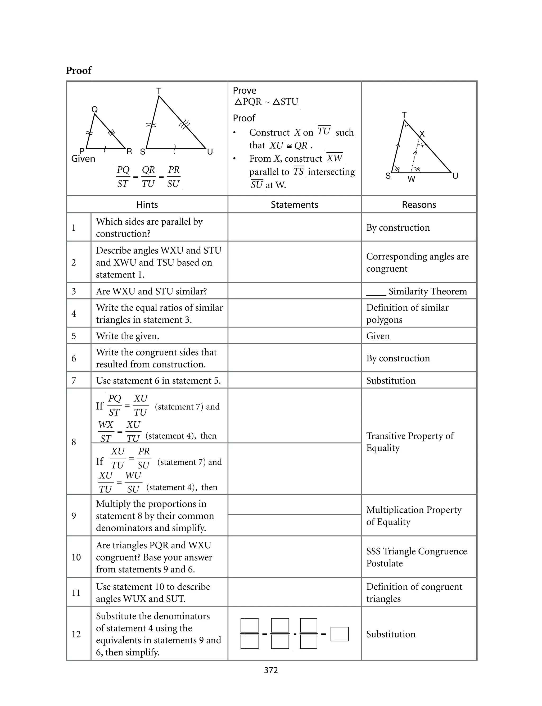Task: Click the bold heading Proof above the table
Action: (x=78, y=70)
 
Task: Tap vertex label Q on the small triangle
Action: (x=94, y=109)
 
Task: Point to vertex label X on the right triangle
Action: (x=422, y=134)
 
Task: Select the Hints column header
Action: (x=147, y=205)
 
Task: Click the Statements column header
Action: (x=294, y=205)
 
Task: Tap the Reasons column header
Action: (x=419, y=205)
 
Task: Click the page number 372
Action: (x=271, y=670)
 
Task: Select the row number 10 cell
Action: (x=76, y=557)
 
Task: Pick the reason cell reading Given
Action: (x=378, y=336)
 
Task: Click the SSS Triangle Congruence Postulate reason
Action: (x=416, y=557)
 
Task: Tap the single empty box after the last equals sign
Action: (x=339, y=634)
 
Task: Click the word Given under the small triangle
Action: (x=83, y=159)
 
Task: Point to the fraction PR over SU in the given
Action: (x=174, y=177)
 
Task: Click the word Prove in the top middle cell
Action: (x=245, y=90)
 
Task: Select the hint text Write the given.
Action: (x=128, y=336)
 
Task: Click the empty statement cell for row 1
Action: (x=294, y=227)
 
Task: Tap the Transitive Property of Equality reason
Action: (x=410, y=442)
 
